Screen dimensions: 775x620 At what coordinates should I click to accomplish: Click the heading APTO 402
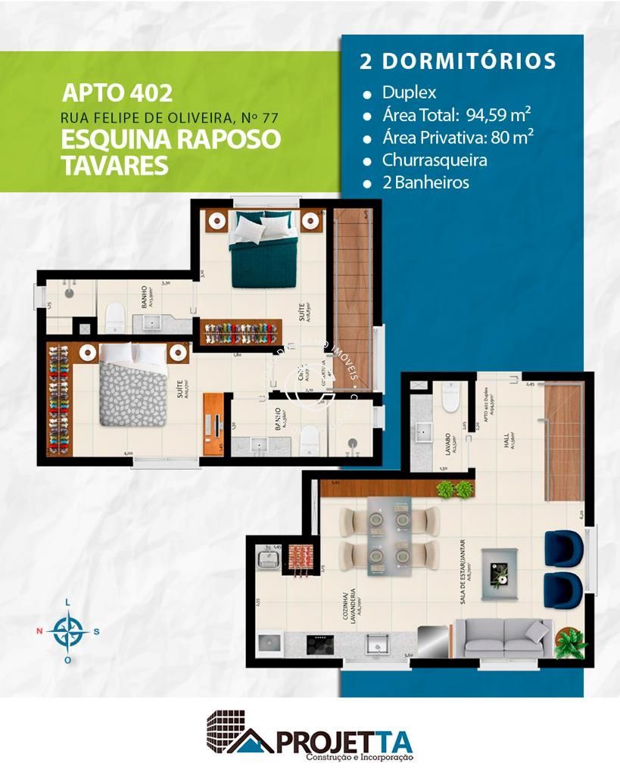117,92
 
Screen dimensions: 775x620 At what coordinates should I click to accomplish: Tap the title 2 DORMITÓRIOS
458,62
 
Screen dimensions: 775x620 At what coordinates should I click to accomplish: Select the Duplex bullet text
409,93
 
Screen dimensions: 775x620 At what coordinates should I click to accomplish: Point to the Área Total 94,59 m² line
456,115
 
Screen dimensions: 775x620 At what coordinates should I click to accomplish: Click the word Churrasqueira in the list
434,160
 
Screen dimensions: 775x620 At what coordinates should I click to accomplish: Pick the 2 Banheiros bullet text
425,182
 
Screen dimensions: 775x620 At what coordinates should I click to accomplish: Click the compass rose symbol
69,630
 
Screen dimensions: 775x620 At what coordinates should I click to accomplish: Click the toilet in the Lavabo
450,396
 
